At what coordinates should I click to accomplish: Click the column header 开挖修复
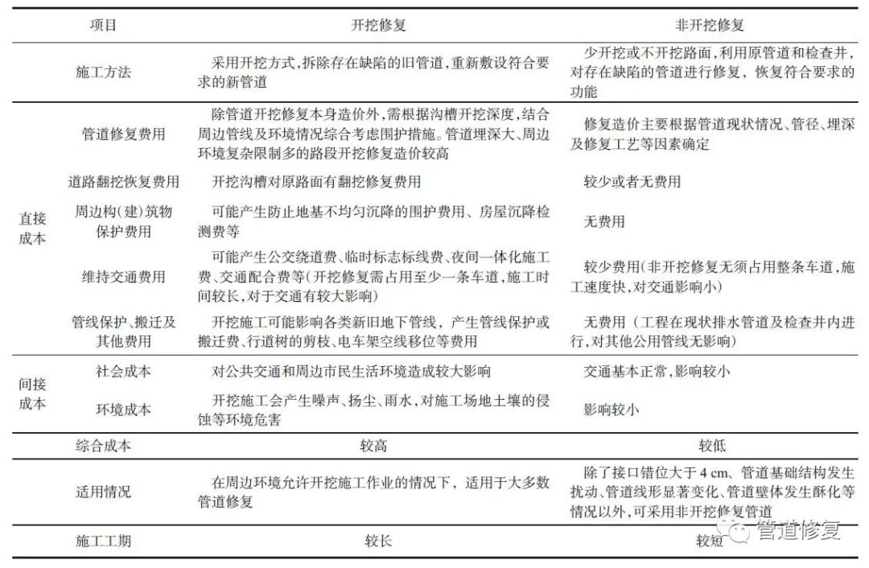378,25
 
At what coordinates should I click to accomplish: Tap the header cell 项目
103,25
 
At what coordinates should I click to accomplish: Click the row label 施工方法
103,72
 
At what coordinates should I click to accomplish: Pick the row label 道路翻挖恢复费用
123,182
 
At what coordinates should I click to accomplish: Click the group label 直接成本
32,228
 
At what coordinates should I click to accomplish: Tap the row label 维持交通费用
123,276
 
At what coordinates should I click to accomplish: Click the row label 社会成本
123,371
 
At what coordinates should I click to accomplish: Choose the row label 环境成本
123,410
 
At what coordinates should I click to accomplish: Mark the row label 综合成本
103,446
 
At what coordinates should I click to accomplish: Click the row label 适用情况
103,492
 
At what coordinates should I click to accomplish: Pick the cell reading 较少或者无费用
632,182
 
